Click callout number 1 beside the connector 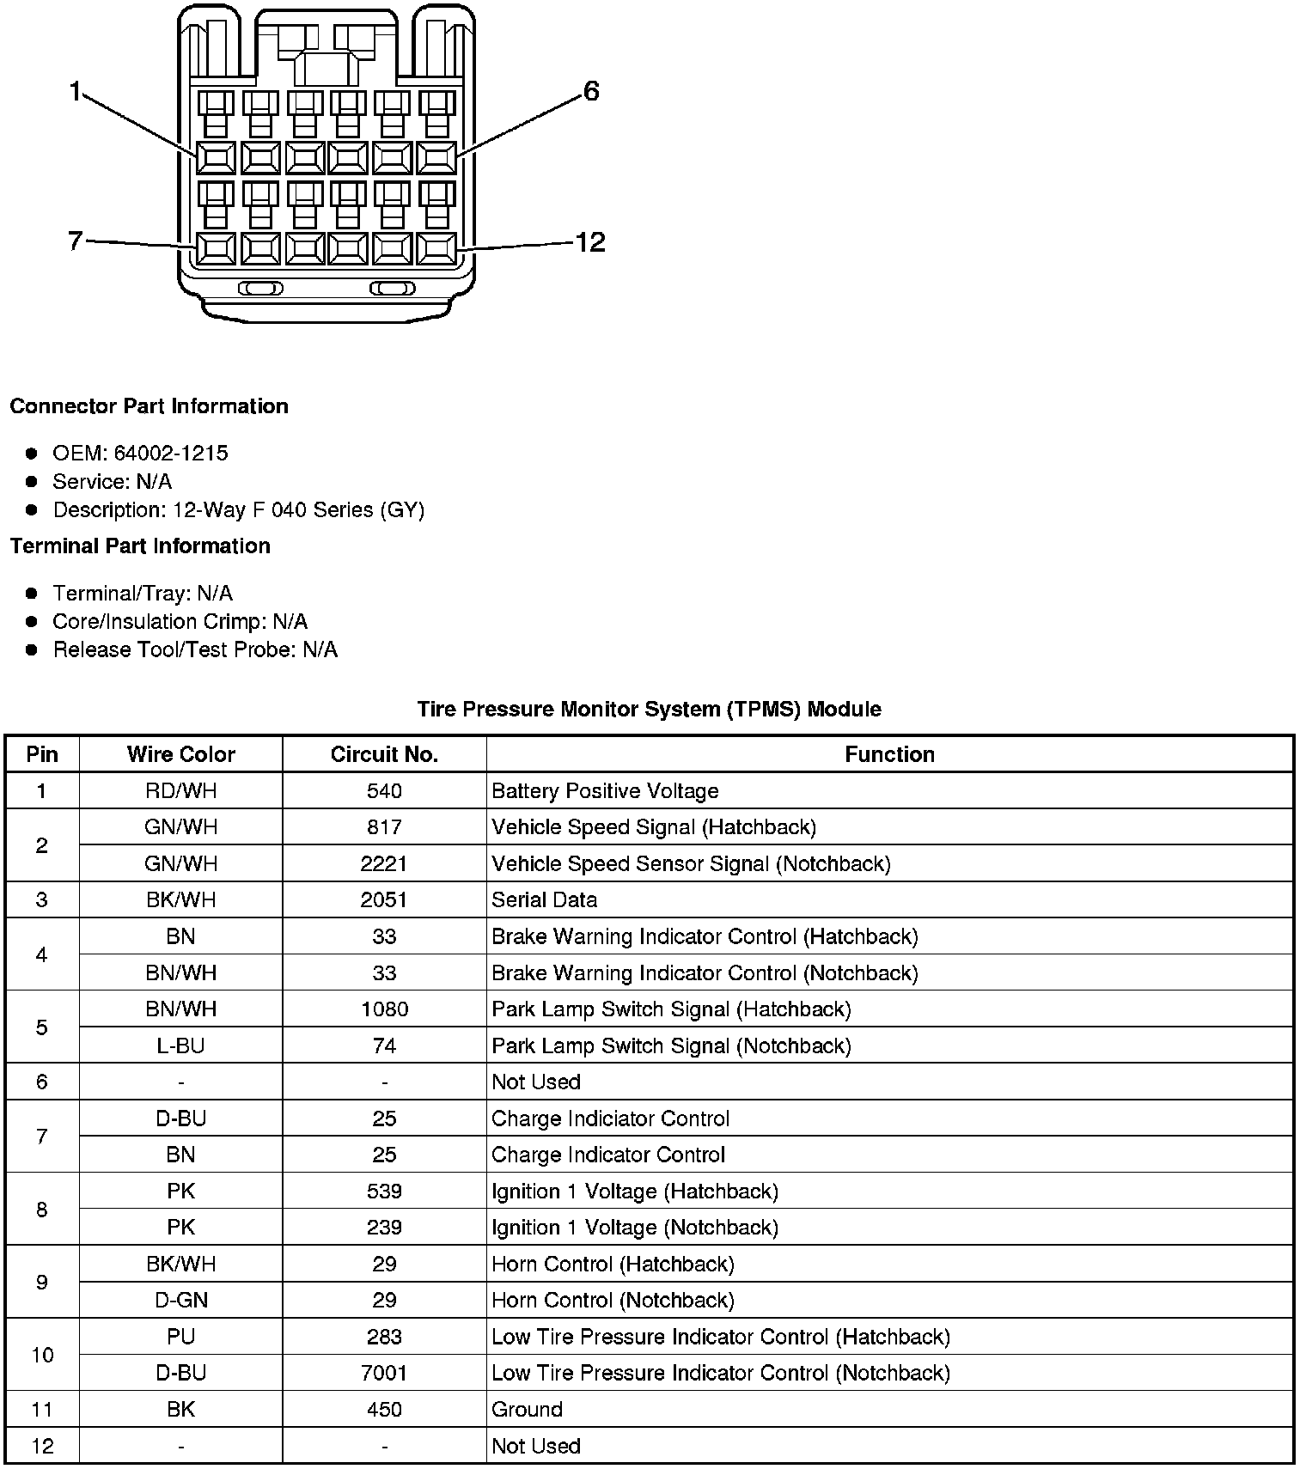coord(76,91)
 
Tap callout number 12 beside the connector coord(590,242)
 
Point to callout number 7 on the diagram coord(75,241)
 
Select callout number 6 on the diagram coord(591,91)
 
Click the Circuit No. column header coord(384,754)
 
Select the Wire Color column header coord(180,754)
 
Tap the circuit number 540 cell coord(384,791)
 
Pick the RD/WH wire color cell coord(180,791)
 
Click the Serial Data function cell coord(544,900)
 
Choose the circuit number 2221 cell coord(384,863)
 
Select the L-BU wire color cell coord(180,1045)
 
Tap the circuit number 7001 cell coord(384,1373)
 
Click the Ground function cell coord(527,1410)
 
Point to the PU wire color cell coord(180,1337)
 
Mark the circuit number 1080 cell coord(384,1009)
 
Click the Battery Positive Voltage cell coord(605,791)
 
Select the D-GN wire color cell coord(180,1301)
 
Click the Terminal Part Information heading coord(140,546)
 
